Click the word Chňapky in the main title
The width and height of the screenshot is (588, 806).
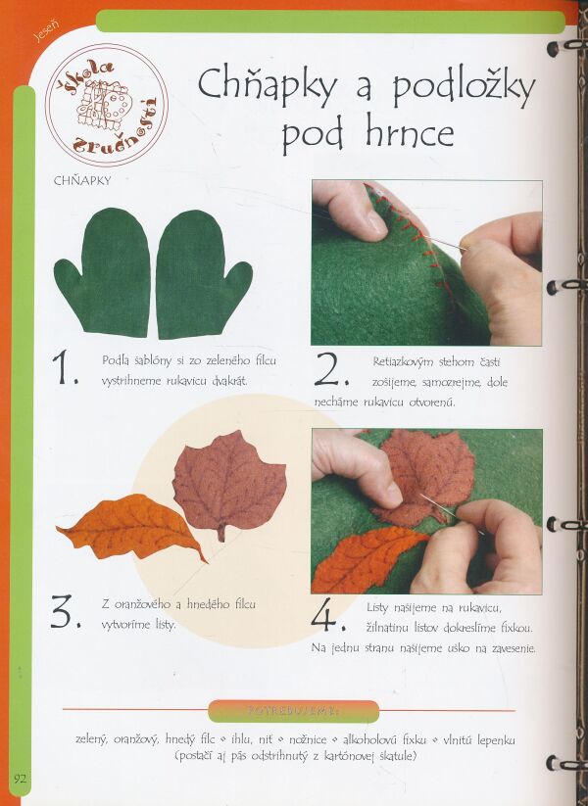267,85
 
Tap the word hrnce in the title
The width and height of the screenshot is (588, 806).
410,133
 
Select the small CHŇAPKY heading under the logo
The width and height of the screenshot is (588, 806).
82,180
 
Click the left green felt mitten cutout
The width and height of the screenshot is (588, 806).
103,272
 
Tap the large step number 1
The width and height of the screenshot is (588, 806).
65,367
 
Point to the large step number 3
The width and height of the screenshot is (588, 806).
66,611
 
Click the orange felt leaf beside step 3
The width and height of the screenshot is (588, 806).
132,528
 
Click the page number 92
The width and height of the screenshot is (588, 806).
20,778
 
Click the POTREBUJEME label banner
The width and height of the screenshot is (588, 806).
294,712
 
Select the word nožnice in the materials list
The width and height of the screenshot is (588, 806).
308,739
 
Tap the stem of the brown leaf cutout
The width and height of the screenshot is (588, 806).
221,533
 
